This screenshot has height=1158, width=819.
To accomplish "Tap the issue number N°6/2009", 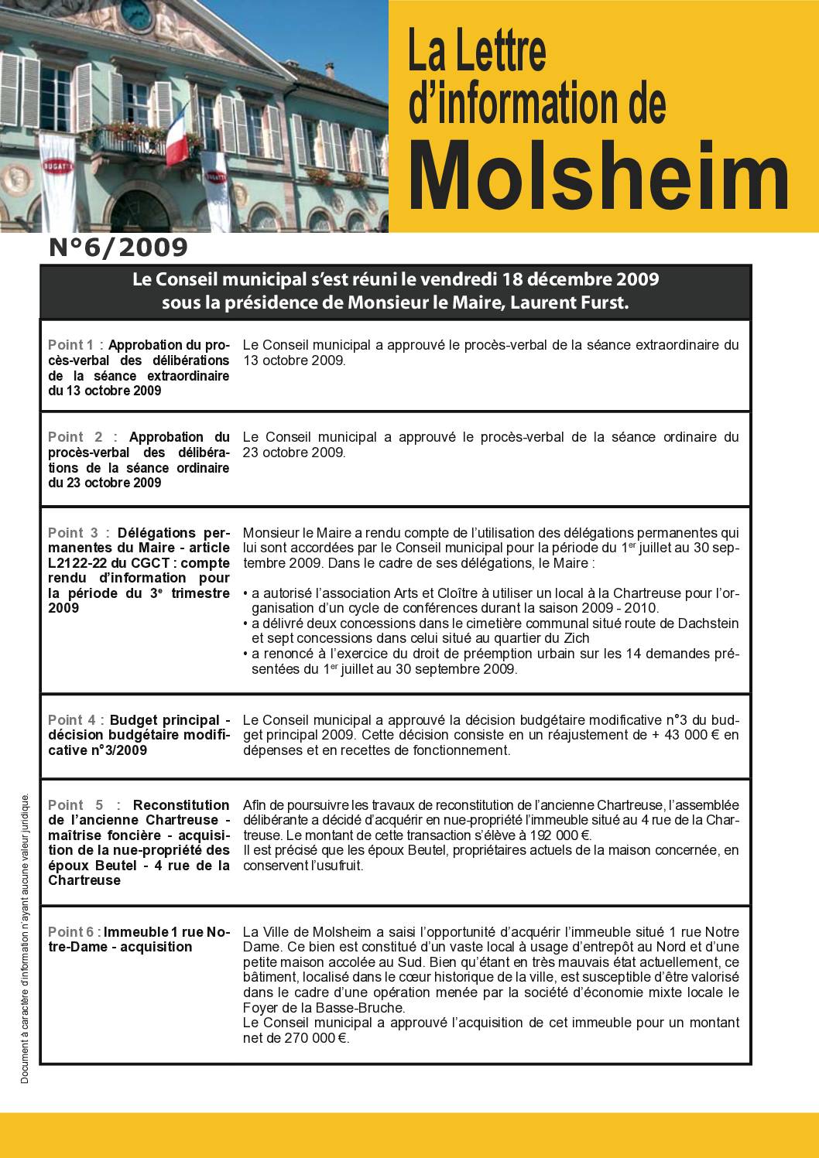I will [118, 248].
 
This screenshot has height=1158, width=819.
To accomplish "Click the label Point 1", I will [71, 345].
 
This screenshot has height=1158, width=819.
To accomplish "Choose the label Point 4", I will [71, 720].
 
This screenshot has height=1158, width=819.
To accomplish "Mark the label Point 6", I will [71, 932].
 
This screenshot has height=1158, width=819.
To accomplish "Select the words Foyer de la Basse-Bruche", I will [324, 1008].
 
